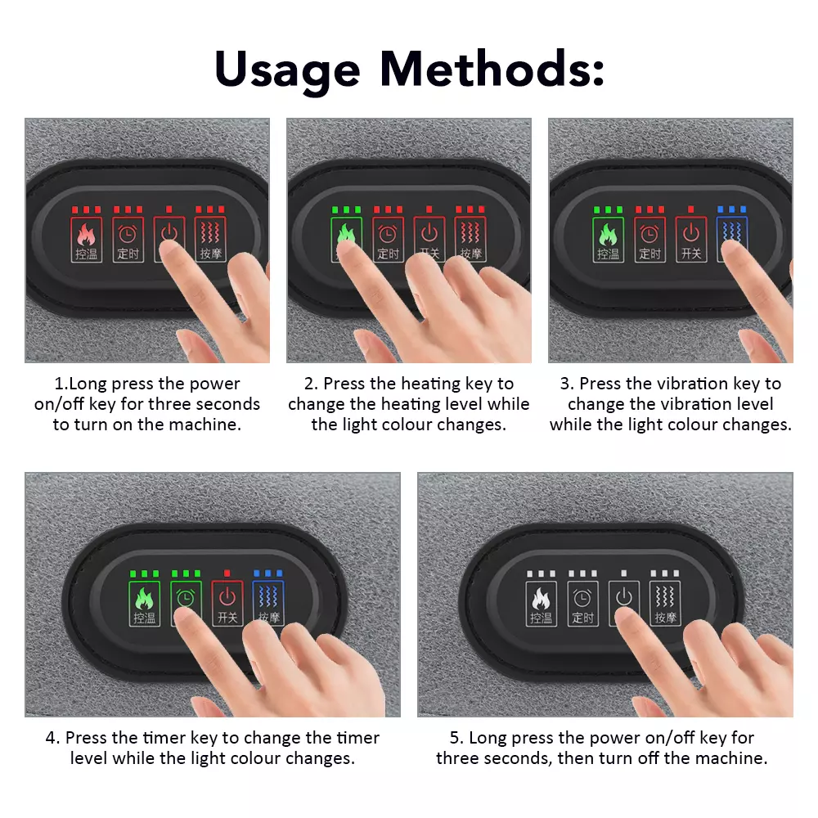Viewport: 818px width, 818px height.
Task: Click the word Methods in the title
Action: tap(492, 68)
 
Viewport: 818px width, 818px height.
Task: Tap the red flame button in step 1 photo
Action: tap(87, 240)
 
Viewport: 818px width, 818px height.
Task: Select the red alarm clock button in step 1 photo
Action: tap(128, 240)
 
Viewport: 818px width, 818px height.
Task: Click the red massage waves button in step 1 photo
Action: tap(211, 240)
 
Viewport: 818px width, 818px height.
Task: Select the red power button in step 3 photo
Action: tap(691, 240)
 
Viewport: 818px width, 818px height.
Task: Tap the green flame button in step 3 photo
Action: tap(609, 240)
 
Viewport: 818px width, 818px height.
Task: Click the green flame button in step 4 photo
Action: tap(145, 603)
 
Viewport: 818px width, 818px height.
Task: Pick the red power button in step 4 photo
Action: tap(227, 603)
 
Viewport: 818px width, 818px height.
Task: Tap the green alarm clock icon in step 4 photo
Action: tap(186, 597)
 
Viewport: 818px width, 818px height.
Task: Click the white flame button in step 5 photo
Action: tap(541, 603)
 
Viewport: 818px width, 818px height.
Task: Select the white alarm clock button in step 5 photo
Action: tap(582, 603)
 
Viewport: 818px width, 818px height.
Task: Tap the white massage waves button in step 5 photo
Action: tap(665, 603)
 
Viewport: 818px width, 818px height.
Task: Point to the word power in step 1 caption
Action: tap(214, 384)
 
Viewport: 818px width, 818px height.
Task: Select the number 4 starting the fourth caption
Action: tap(50, 738)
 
